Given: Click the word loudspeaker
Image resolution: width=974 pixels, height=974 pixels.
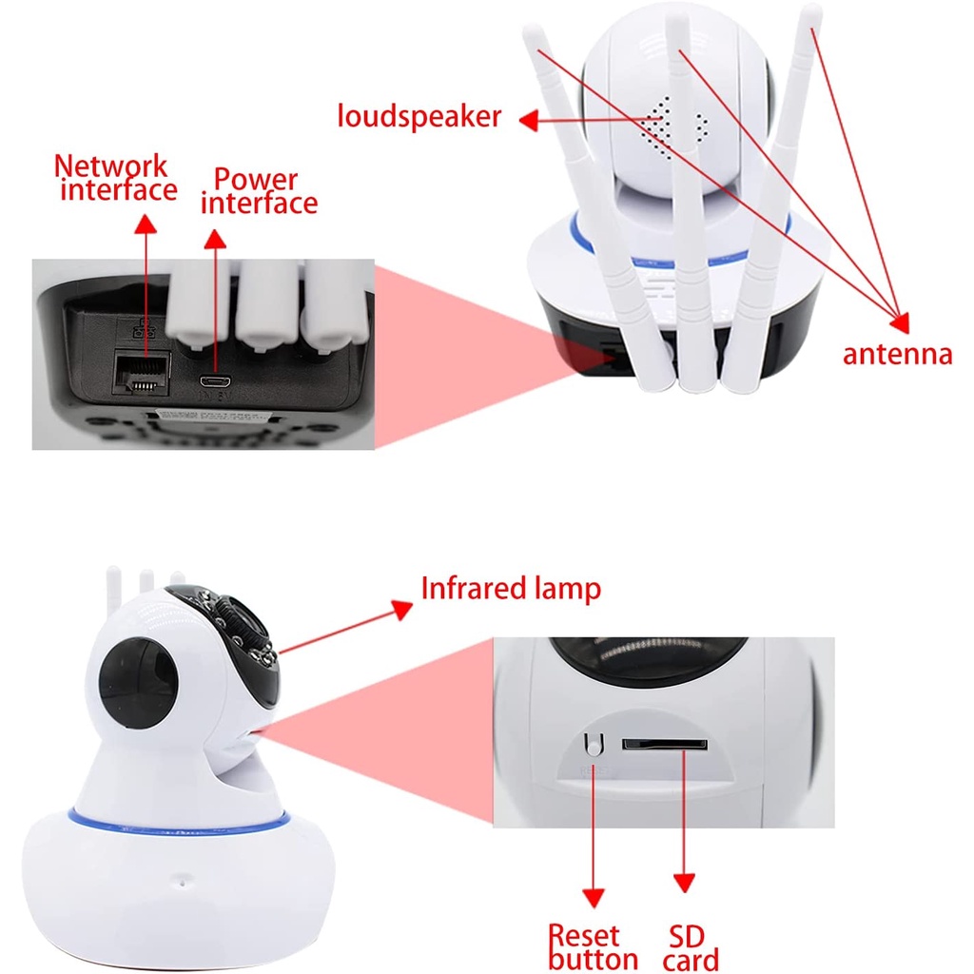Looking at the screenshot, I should point(419,116).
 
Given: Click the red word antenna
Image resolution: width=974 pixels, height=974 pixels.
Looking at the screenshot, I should point(897,355).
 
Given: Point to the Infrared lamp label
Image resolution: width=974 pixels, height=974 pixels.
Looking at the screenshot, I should point(511,588).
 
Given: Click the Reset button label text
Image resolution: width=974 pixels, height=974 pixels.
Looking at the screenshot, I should point(593,946).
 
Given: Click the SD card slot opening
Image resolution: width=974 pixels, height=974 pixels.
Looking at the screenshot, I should point(665,744).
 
